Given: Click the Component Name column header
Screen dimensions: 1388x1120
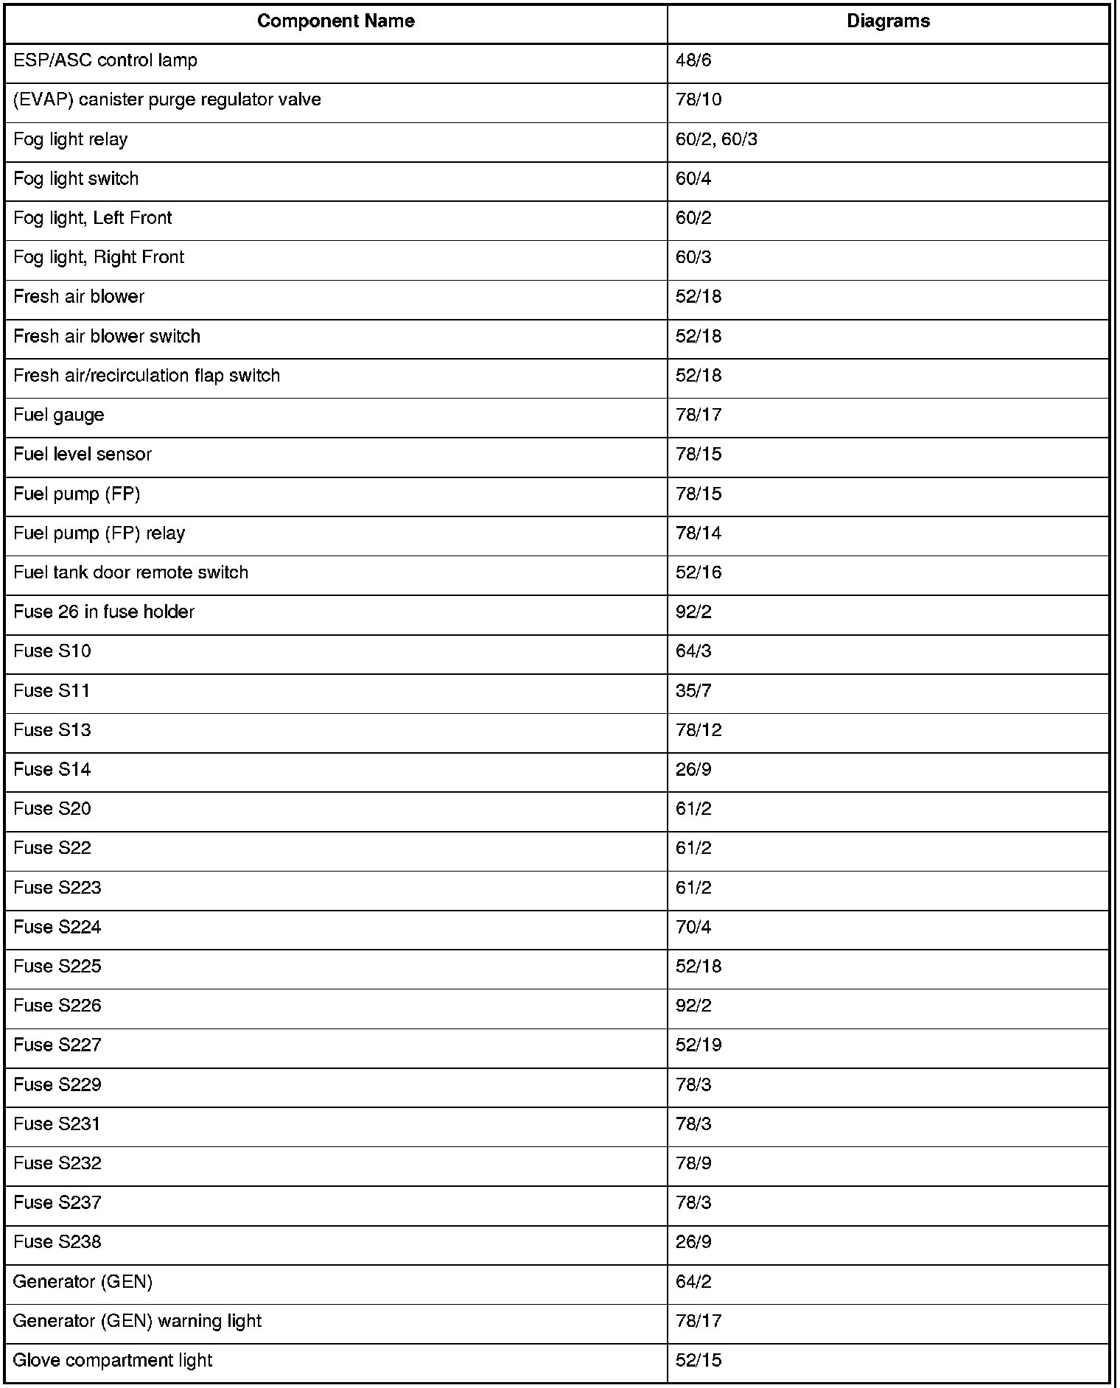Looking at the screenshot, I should click(335, 21).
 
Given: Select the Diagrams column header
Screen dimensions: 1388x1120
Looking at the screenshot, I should click(888, 21).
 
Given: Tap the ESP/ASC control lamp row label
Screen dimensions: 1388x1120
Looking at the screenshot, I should click(105, 60).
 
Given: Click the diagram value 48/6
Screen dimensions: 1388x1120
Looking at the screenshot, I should click(693, 60).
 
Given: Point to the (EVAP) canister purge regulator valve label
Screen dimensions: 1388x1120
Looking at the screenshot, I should click(167, 99).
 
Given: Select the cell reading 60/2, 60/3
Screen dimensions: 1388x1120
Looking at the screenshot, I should click(716, 139).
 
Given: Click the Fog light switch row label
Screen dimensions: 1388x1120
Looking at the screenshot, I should click(76, 178).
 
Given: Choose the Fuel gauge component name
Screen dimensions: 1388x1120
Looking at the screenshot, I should click(59, 415).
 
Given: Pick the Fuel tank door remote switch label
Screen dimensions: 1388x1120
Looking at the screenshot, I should click(130, 572).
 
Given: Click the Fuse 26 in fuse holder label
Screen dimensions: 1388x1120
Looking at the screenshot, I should click(104, 611).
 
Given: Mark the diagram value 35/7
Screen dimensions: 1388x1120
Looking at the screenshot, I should click(693, 690).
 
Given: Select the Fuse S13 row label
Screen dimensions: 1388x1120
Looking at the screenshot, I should click(52, 730).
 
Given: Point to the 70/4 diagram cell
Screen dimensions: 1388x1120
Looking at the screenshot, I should click(693, 927).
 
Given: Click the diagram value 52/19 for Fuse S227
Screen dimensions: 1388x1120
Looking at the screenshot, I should click(699, 1045).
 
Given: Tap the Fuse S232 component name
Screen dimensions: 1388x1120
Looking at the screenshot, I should click(57, 1163).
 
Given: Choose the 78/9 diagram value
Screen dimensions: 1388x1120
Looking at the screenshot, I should click(693, 1163).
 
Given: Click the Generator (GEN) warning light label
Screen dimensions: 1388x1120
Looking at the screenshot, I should click(137, 1321).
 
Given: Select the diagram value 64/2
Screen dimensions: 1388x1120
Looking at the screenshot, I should click(693, 1282).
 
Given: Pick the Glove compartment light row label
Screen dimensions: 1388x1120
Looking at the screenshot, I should click(113, 1360).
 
